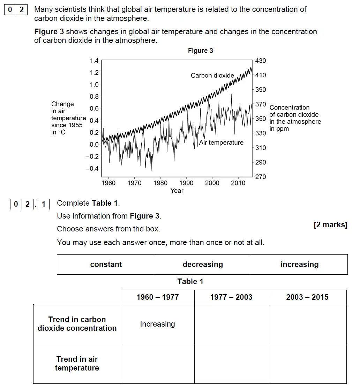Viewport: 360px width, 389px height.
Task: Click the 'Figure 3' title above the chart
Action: (200, 51)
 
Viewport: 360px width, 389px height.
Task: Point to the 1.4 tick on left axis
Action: (94, 61)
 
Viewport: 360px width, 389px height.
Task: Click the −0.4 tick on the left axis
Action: (92, 168)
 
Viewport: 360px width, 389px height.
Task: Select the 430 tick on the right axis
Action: (260, 61)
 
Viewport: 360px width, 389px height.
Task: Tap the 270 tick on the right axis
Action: (260, 177)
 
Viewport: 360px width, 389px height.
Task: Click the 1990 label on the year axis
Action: (186, 183)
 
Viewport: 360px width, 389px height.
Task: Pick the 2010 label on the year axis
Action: (238, 183)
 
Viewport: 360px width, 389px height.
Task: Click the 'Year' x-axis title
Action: (177, 191)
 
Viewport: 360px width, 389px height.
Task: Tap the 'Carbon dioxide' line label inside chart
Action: (212, 75)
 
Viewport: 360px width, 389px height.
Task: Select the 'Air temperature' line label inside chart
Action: (221, 143)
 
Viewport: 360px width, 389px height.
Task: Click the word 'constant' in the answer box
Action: (106, 265)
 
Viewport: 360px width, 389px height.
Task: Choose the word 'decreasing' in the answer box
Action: (203, 265)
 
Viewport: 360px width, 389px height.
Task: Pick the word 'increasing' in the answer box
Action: (299, 265)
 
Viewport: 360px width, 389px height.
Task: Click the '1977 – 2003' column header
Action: (231, 297)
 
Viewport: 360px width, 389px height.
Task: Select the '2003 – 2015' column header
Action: (307, 297)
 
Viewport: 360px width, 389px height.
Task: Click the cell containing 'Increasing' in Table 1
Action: (157, 324)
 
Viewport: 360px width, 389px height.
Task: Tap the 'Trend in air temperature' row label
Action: (77, 364)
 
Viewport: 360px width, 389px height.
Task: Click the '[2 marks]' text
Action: (330, 225)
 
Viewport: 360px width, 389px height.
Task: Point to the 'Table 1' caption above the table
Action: (190, 282)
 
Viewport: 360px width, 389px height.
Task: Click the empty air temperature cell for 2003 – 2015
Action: (307, 364)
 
